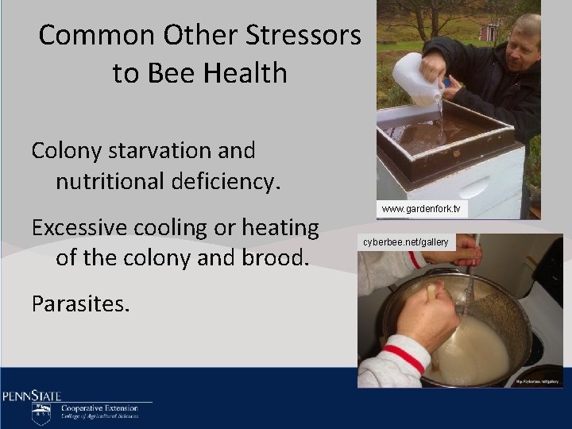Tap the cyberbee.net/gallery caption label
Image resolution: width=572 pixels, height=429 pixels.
click(x=406, y=242)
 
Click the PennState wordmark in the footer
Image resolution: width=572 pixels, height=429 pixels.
click(x=32, y=396)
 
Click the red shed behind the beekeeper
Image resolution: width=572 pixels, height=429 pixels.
click(x=489, y=32)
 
